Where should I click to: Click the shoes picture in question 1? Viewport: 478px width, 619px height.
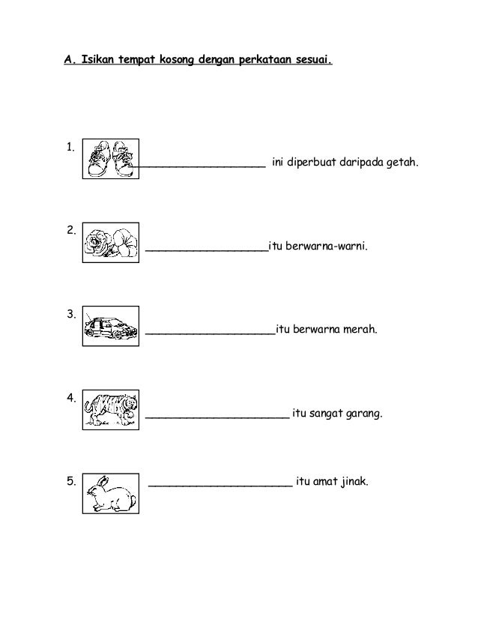click(110, 159)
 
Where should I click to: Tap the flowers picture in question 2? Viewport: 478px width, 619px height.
click(110, 242)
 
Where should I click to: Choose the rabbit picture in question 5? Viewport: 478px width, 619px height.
click(110, 493)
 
